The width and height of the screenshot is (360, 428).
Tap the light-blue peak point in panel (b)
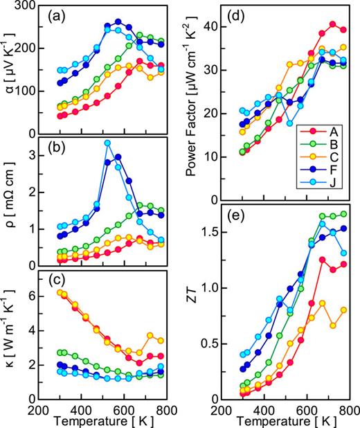(107, 143)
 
